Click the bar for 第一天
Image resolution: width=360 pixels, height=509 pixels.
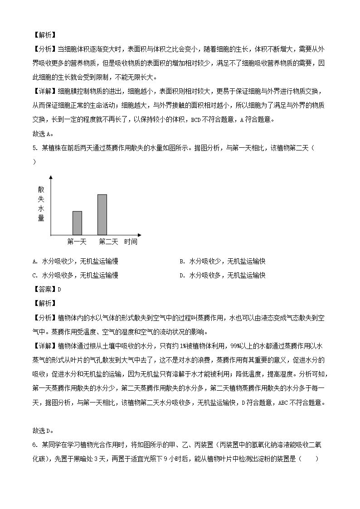coord(77,223)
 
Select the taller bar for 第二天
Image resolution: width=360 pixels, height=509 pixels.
coord(102,214)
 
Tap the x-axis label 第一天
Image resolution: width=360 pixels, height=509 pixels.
coord(77,242)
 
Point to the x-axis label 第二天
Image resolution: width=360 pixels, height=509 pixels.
coord(108,242)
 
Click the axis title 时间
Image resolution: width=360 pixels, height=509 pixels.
coord(131,242)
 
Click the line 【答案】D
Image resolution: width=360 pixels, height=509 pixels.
coord(47,289)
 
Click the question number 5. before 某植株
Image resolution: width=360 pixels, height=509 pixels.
coord(36,148)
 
